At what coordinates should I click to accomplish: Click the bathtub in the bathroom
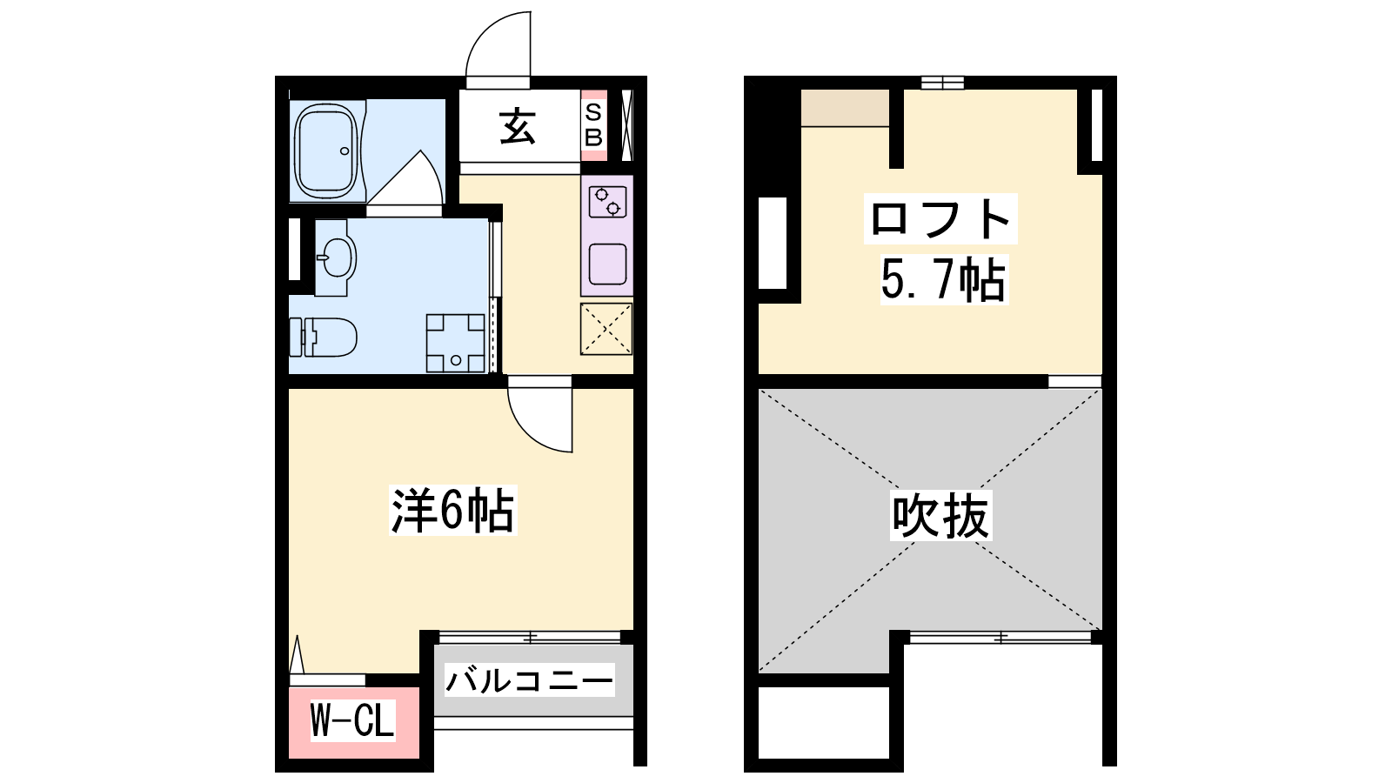click(326, 151)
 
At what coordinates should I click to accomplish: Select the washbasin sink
click(337, 258)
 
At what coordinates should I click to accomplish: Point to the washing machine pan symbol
click(456, 343)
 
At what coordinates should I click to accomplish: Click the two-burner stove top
click(607, 202)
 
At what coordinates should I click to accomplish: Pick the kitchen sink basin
click(607, 264)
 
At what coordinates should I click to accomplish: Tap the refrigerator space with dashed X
click(606, 329)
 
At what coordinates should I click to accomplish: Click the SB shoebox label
click(593, 125)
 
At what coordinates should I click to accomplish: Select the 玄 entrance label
click(517, 127)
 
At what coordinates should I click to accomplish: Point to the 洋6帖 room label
click(453, 510)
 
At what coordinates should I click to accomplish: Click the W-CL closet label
click(352, 721)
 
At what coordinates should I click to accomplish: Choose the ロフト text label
click(940, 218)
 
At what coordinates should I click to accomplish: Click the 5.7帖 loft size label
click(943, 280)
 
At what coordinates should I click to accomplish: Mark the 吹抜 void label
click(940, 516)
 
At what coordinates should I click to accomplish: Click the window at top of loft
click(942, 83)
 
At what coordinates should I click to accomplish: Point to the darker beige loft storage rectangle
click(845, 108)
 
